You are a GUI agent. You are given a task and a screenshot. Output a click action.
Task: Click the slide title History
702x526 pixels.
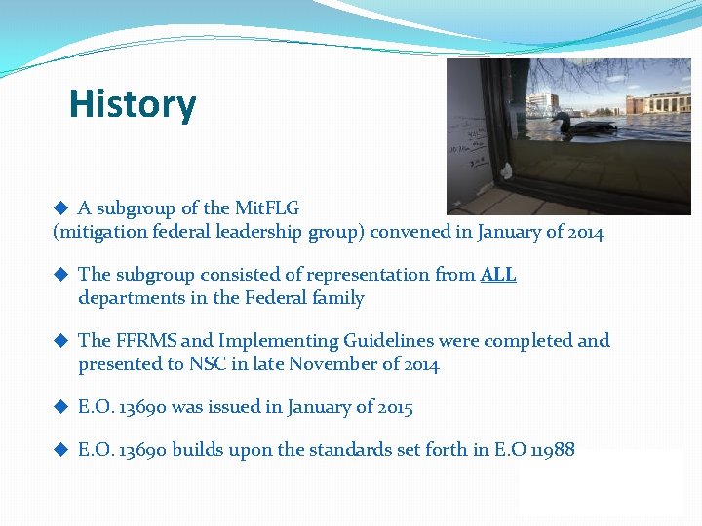click(133, 104)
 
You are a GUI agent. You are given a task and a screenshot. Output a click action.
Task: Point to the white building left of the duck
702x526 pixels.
click(542, 102)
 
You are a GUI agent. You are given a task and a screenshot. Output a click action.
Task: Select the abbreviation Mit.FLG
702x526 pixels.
click(266, 207)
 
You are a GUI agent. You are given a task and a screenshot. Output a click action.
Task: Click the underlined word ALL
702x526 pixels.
click(498, 275)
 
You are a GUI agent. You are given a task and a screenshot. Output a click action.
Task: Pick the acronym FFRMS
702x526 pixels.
click(146, 341)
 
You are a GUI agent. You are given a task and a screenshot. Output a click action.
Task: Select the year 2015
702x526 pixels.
click(391, 408)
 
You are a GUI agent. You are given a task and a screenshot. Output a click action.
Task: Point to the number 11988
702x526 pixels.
click(551, 450)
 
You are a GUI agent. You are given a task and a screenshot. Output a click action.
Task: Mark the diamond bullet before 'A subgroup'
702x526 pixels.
click(59, 207)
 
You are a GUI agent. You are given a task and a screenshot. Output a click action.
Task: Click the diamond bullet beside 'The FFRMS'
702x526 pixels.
click(59, 341)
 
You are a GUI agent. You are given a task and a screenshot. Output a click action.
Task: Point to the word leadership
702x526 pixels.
click(253, 233)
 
